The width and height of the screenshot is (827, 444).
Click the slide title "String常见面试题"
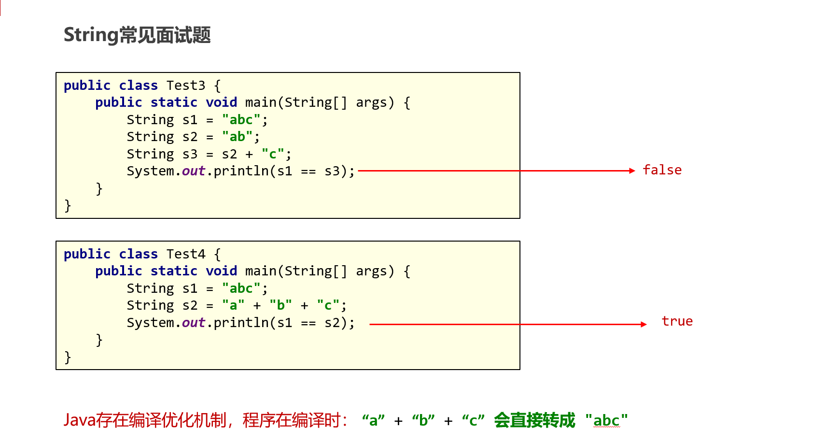click(137, 35)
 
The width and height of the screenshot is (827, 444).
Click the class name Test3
click(186, 86)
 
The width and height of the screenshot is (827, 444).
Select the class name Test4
click(186, 254)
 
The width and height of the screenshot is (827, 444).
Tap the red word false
click(662, 170)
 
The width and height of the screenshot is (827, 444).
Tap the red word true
click(677, 321)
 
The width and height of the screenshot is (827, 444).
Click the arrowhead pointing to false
click(632, 171)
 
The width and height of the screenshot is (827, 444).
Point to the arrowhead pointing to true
click(644, 324)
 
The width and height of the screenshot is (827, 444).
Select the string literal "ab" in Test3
click(237, 137)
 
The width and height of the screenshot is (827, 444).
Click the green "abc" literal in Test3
click(241, 120)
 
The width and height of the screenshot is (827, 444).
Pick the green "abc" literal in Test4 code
click(241, 288)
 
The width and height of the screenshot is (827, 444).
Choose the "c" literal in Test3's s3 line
click(273, 154)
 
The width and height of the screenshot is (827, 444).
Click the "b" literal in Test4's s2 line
click(280, 305)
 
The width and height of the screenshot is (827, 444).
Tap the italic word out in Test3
click(194, 171)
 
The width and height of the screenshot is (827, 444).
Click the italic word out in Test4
click(194, 323)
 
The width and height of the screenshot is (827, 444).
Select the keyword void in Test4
click(221, 271)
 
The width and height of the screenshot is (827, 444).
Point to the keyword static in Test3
click(174, 102)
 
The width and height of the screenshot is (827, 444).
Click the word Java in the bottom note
click(79, 420)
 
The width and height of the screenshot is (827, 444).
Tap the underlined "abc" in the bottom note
click(606, 420)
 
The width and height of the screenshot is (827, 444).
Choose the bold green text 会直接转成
click(534, 420)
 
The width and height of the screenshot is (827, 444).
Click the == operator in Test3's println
click(308, 172)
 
